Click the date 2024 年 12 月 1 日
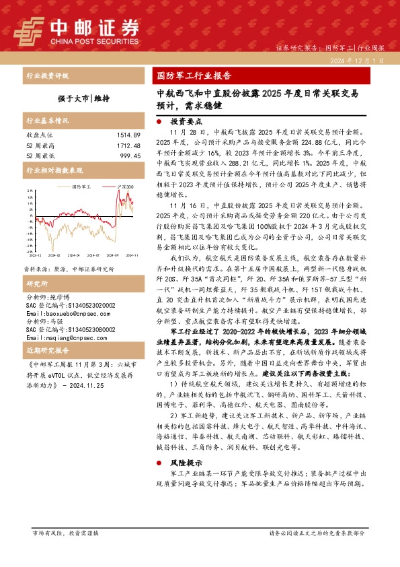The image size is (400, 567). point(358,61)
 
